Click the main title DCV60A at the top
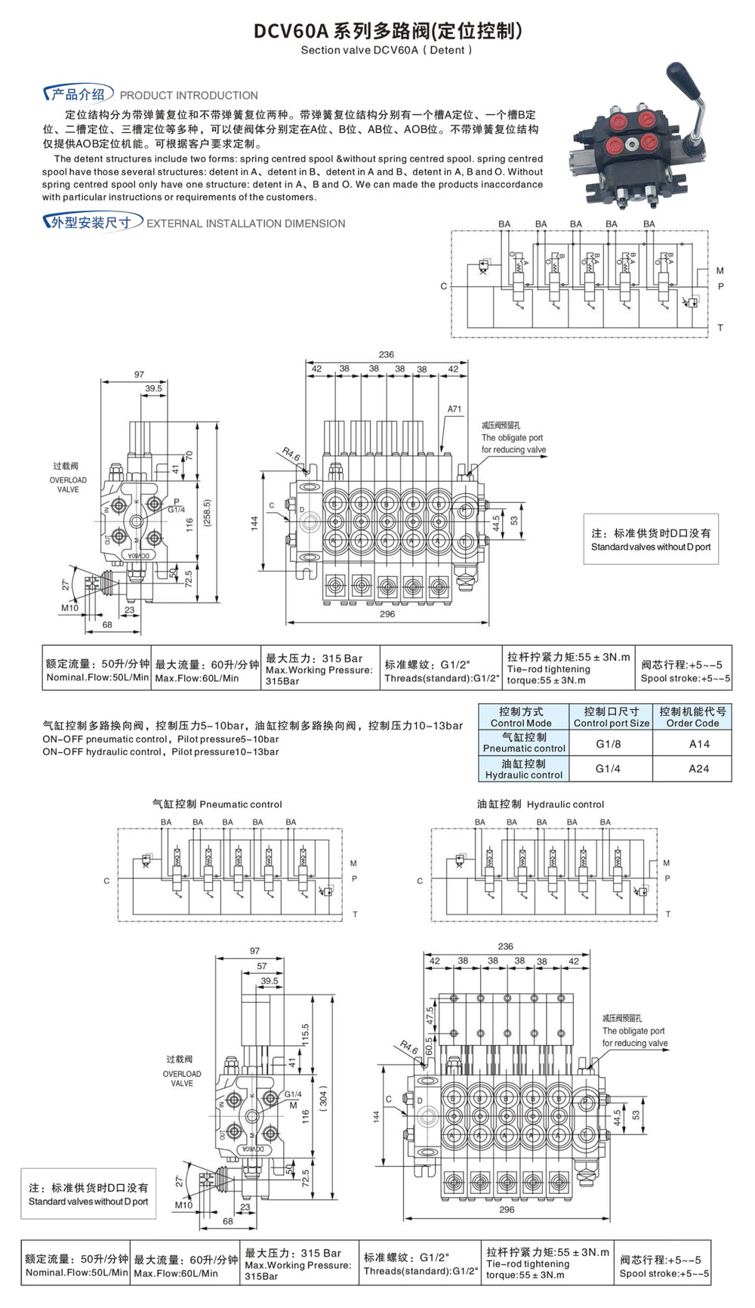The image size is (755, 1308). (x=291, y=31)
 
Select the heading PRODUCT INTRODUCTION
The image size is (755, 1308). (x=189, y=96)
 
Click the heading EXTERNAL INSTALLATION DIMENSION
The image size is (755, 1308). (x=245, y=224)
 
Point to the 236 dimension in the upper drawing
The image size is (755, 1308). (x=386, y=354)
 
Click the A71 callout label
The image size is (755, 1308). (x=454, y=409)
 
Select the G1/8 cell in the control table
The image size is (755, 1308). (x=609, y=744)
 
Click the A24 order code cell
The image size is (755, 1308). (x=699, y=769)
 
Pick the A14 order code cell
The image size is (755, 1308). (x=699, y=744)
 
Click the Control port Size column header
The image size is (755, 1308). (x=611, y=717)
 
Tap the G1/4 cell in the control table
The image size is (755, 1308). (x=609, y=769)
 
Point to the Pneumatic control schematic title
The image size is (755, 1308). (x=217, y=804)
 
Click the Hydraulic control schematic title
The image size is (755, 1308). (x=541, y=804)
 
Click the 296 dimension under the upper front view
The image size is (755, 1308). (x=387, y=614)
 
